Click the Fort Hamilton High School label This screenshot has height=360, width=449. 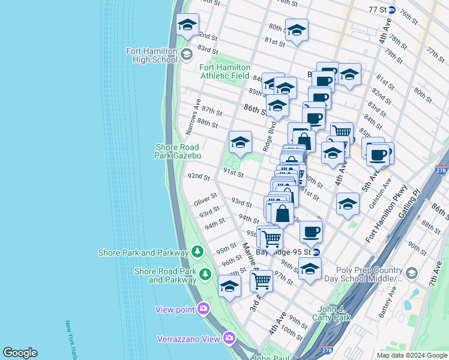tap(151, 55)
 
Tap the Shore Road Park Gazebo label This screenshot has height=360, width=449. tap(178, 151)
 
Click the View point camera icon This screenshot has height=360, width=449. tap(203, 308)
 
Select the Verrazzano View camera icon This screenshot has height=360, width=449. tap(229, 338)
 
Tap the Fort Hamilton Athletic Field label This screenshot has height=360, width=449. tap(224, 72)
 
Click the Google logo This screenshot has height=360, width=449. tap(20, 353)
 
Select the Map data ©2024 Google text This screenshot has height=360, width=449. tap(412, 355)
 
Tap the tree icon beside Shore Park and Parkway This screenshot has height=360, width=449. tap(197, 250)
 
